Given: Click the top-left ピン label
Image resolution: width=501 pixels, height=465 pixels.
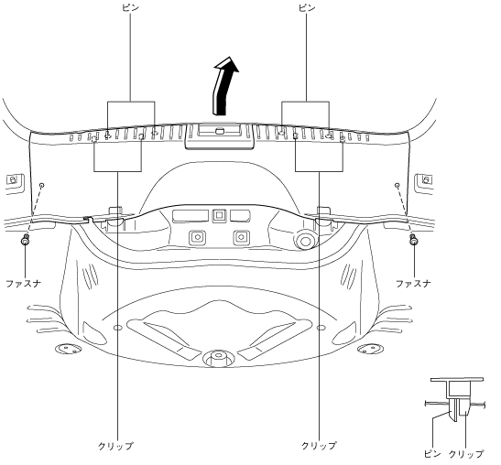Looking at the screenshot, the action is tap(131, 7).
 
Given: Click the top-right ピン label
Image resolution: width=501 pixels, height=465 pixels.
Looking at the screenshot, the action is tap(307, 7).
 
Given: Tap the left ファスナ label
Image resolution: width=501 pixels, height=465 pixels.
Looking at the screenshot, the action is tap(24, 283).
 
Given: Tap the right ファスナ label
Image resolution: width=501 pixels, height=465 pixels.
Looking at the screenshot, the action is tap(413, 283).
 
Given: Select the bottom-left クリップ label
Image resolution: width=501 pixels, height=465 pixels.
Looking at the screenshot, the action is tap(115, 446).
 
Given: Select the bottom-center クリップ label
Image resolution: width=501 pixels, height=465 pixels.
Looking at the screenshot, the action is tap(319, 446).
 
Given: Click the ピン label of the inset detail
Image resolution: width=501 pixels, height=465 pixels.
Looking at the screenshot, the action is tap(432, 454).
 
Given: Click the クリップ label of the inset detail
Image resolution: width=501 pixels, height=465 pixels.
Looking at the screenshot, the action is tap(466, 454).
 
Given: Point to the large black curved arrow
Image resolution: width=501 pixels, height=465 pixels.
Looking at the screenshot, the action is tap(223, 87).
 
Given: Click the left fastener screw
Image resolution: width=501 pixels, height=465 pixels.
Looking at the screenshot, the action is tap(25, 240).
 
